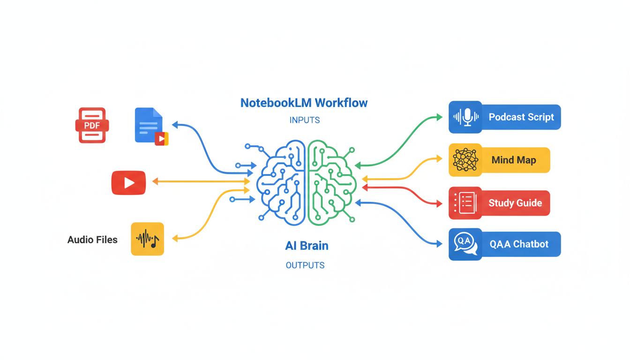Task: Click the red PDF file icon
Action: point(92,125)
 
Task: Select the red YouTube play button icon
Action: point(128,183)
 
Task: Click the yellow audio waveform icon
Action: point(147,239)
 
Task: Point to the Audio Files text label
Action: point(92,240)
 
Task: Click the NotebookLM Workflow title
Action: point(304,103)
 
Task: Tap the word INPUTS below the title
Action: point(305,120)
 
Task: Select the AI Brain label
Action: point(307,246)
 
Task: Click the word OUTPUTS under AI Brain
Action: point(305,265)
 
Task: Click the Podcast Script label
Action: point(521,117)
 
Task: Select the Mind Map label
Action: point(514,160)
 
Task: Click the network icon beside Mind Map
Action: point(465,160)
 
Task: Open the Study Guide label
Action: point(515,203)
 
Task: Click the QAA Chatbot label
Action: point(519,244)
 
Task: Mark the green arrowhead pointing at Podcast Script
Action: point(439,117)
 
